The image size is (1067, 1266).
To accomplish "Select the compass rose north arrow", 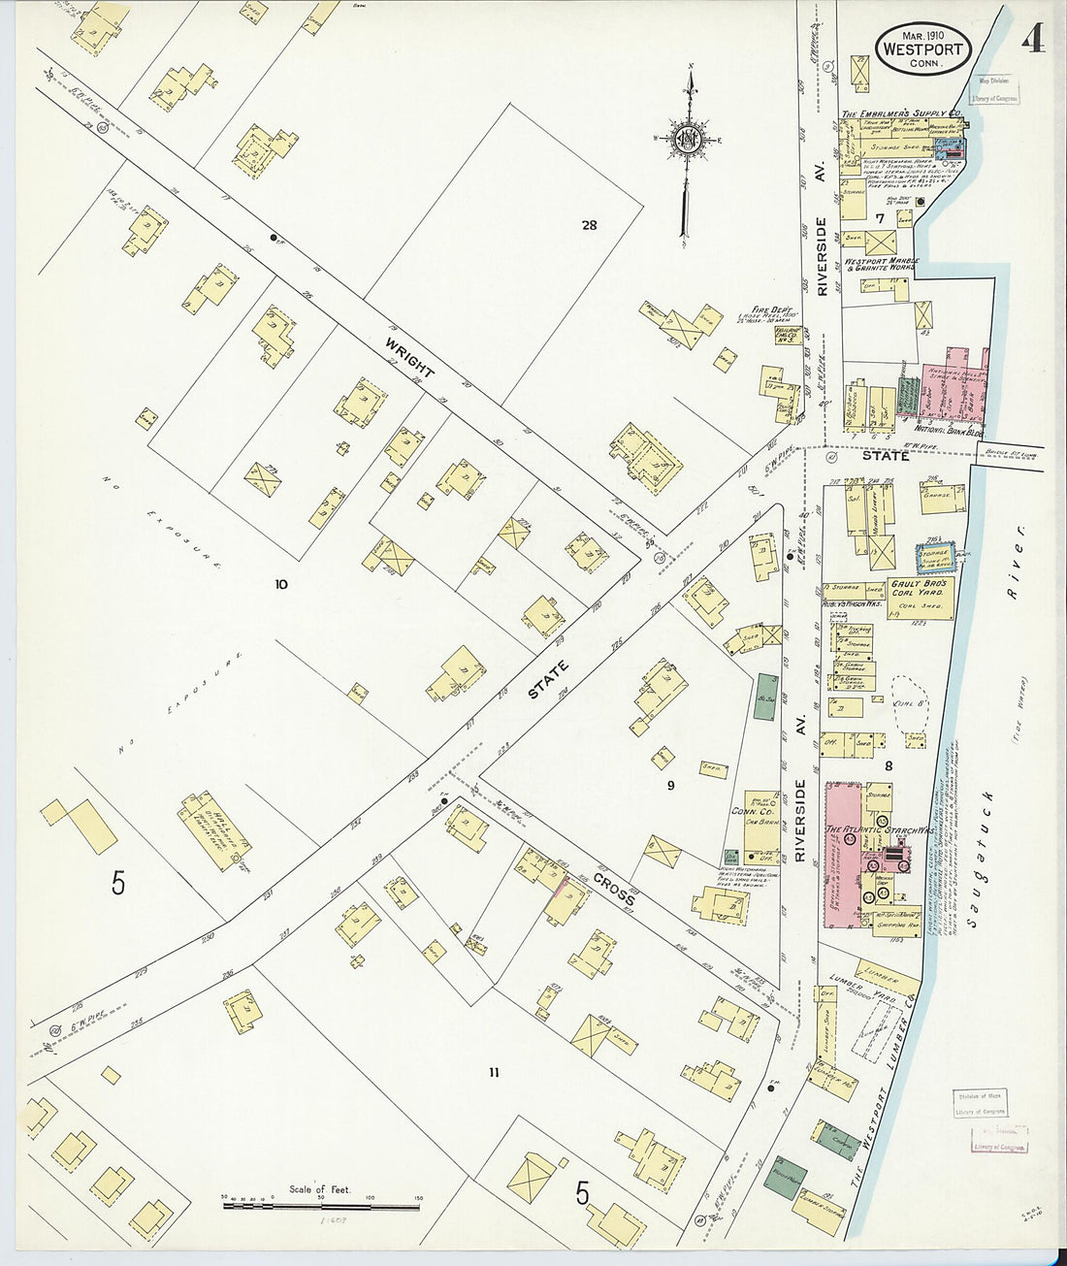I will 688,141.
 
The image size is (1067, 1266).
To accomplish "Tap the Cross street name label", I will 614,888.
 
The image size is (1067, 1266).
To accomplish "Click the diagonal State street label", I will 550,680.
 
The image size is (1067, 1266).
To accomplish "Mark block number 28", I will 589,225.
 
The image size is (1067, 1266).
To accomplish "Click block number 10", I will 281,584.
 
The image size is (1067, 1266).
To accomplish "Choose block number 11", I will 494,1072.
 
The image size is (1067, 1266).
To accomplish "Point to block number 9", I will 669,785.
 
